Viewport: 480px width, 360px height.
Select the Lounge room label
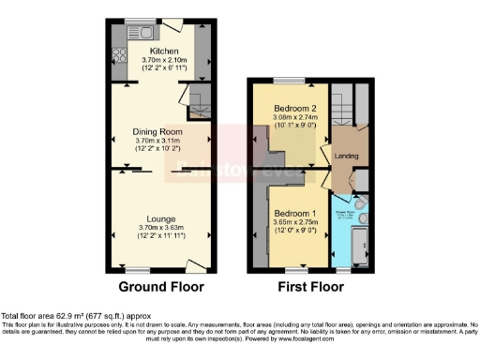pyautogui.click(x=157, y=217)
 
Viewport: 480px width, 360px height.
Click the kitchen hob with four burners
pyautogui.click(x=118, y=55)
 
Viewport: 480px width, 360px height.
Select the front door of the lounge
pyautogui.click(x=194, y=265)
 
